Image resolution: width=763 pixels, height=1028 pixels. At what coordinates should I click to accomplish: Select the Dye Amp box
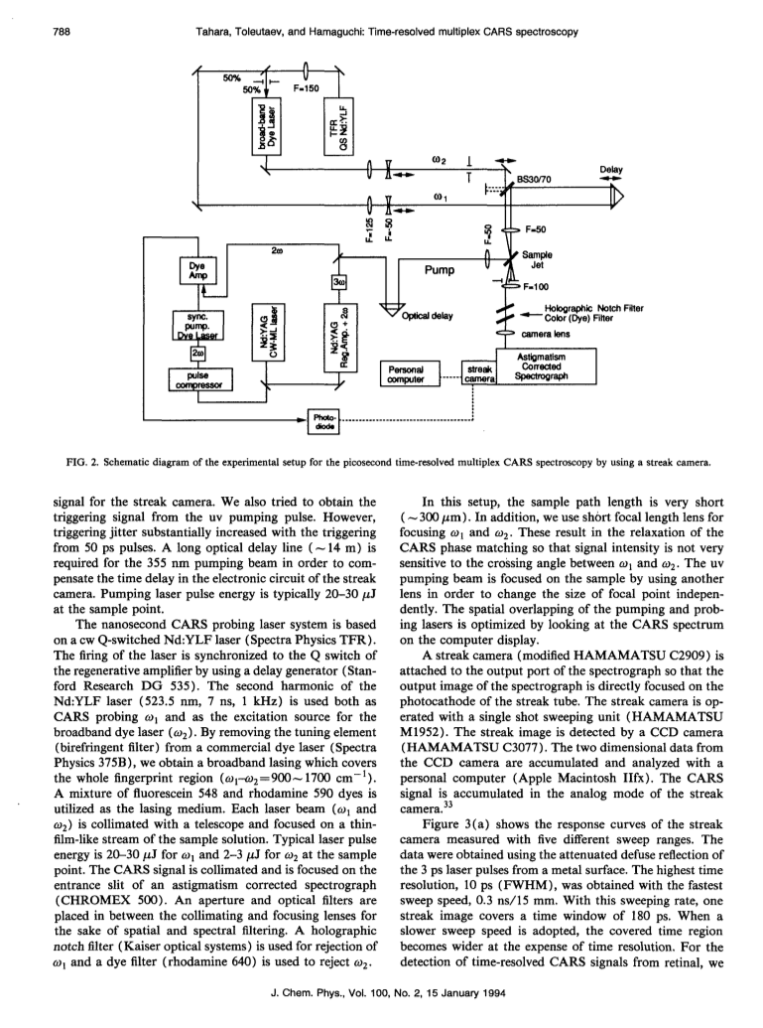pos(197,271)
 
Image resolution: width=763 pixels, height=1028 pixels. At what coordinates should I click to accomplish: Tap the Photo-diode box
pos(324,421)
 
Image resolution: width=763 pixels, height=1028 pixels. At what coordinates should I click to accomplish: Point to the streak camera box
pos(479,373)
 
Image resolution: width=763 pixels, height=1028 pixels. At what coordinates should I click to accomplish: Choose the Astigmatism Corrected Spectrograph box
pos(547,367)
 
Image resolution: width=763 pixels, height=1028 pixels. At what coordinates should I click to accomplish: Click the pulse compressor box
pos(200,379)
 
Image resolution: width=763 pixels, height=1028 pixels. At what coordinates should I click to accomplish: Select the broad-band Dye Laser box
pos(267,127)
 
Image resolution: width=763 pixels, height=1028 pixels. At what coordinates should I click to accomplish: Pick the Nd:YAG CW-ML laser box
pos(268,332)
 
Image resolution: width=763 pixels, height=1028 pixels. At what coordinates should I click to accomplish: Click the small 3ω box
pos(338,282)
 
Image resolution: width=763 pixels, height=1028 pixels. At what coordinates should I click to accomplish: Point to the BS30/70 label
pos(535,179)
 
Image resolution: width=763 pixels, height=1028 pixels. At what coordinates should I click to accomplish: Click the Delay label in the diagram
pos(611,170)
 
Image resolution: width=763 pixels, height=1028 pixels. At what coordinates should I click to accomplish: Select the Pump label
pos(439,270)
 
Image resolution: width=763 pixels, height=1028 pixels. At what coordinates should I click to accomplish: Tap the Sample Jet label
pos(537,259)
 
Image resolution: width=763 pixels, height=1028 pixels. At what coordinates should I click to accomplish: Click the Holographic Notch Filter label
pos(594,308)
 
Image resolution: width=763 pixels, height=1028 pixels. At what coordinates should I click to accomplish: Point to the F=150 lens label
pos(306,88)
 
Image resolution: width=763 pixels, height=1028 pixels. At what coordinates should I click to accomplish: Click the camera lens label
pos(546,334)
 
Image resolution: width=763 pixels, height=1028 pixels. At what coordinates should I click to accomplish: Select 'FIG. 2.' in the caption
pos(81,462)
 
